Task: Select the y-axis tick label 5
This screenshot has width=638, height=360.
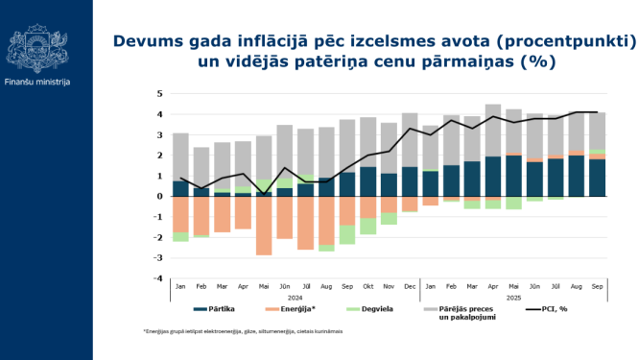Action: tap(160, 94)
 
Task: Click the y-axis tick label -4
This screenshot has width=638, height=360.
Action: tap(159, 278)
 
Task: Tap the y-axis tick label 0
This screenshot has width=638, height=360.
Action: tap(160, 197)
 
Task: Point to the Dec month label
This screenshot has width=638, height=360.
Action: tap(410, 285)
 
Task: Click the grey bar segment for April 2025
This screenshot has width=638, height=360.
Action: tap(493, 130)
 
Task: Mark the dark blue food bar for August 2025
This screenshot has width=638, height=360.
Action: tap(577, 176)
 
